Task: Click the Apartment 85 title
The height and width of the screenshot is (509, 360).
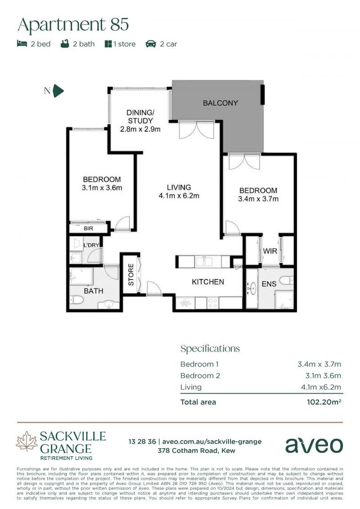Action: pyautogui.click(x=73, y=24)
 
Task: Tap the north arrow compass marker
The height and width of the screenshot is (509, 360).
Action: pyautogui.click(x=58, y=91)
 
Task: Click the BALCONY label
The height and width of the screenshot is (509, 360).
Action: pyautogui.click(x=220, y=103)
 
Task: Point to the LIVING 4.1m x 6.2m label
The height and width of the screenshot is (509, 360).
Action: pyautogui.click(x=179, y=191)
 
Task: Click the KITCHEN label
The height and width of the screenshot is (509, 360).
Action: pyautogui.click(x=207, y=282)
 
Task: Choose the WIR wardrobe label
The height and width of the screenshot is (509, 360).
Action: pyautogui.click(x=270, y=251)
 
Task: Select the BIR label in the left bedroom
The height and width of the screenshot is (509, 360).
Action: pyautogui.click(x=89, y=228)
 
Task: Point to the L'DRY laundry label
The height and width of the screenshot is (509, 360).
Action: pyautogui.click(x=90, y=246)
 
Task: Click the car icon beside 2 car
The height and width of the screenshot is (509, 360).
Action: pyautogui.click(x=151, y=44)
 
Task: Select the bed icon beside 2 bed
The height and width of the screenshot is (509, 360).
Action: pyautogui.click(x=22, y=44)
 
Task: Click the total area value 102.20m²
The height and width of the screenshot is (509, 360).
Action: pyautogui.click(x=324, y=402)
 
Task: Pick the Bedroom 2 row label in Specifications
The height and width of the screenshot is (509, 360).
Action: pyautogui.click(x=200, y=376)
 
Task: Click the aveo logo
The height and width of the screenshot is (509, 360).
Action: pyautogui.click(x=314, y=444)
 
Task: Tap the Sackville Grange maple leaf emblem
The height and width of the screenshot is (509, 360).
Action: pyautogui.click(x=26, y=442)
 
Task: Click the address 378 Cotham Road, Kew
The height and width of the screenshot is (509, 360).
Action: pyautogui.click(x=195, y=451)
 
